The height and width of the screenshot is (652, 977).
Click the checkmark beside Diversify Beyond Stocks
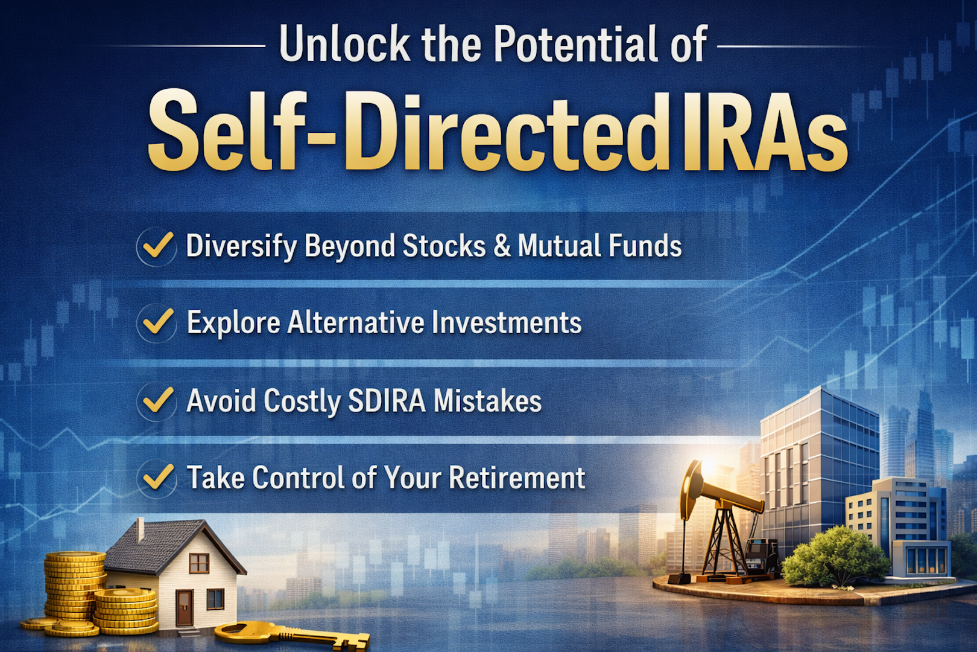[157, 246]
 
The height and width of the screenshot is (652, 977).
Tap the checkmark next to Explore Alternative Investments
[157, 322]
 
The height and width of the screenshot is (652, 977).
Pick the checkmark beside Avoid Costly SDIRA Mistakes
[157, 401]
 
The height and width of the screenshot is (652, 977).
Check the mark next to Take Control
[157, 478]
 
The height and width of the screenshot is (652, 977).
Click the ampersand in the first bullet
[502, 246]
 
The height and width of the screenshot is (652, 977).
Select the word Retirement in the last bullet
[517, 478]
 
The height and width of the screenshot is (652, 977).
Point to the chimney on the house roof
[140, 529]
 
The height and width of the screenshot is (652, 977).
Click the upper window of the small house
[198, 563]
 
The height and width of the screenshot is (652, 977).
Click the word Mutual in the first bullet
[558, 246]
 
